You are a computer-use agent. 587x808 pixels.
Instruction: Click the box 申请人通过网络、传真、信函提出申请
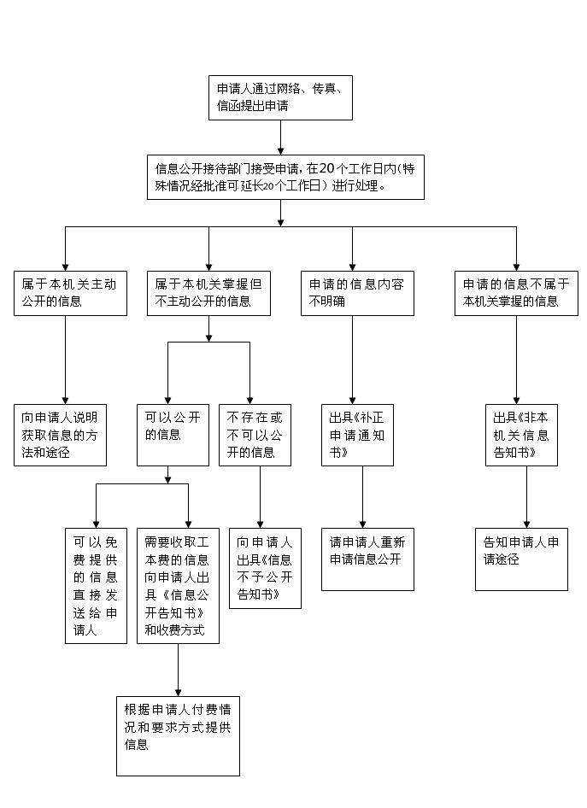click(x=280, y=98)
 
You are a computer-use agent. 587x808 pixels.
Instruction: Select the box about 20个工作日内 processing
click(x=285, y=178)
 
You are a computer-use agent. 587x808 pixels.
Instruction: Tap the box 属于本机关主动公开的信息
click(x=70, y=293)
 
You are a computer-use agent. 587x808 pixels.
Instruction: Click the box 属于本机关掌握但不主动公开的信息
click(x=208, y=293)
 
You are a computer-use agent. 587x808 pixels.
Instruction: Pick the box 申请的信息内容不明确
click(x=357, y=293)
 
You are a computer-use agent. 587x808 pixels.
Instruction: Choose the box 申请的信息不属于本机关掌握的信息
click(x=516, y=293)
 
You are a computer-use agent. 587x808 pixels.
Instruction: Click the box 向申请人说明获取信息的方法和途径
click(x=60, y=435)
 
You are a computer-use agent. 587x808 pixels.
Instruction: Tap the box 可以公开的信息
click(x=173, y=435)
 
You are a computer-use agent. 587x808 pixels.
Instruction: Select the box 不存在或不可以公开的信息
click(x=255, y=435)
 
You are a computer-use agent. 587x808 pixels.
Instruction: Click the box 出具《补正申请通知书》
click(x=357, y=435)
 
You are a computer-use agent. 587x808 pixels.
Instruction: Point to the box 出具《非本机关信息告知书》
click(x=521, y=435)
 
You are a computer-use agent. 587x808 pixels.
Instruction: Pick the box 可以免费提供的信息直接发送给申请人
click(x=96, y=586)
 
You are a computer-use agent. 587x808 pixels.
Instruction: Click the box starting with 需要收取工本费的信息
click(x=178, y=586)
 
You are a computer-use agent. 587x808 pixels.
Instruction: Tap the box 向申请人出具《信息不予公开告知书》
click(x=265, y=568)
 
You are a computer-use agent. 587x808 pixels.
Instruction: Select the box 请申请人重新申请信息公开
click(x=367, y=559)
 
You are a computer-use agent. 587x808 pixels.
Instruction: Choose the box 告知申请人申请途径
click(x=521, y=559)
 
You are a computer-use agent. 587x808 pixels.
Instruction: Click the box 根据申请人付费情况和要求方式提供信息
click(x=178, y=736)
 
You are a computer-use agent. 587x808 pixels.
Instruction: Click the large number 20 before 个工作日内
click(x=326, y=168)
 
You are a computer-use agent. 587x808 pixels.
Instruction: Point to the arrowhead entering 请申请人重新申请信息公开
click(x=362, y=524)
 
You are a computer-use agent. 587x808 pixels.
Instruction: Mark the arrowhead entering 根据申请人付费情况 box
click(x=178, y=693)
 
